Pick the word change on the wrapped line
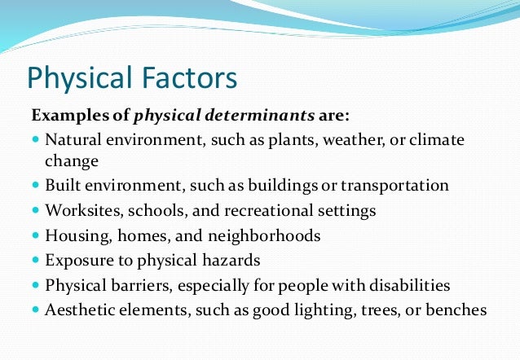pos(72,160)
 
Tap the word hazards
pos(233,261)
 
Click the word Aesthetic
pos(79,310)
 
